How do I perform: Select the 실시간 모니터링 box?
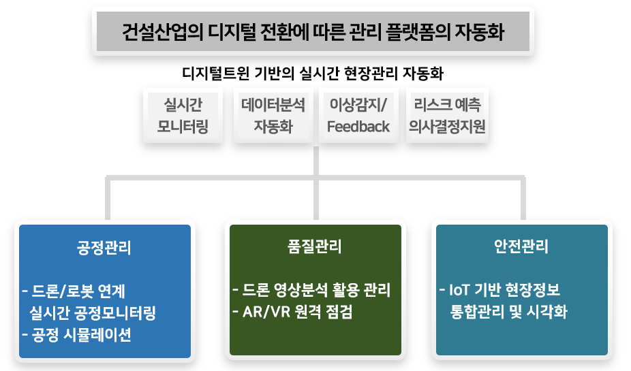coord(183,115)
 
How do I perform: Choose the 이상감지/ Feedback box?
coord(358,115)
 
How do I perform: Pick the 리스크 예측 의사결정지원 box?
coord(447,115)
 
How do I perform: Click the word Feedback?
coord(358,127)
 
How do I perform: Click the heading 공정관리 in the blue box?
coord(104,248)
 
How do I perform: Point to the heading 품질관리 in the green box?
coord(315,246)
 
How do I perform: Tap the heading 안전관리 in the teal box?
coord(521,246)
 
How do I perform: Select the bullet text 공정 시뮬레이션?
coord(80,335)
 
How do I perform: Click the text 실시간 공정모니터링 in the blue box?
coord(93,313)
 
